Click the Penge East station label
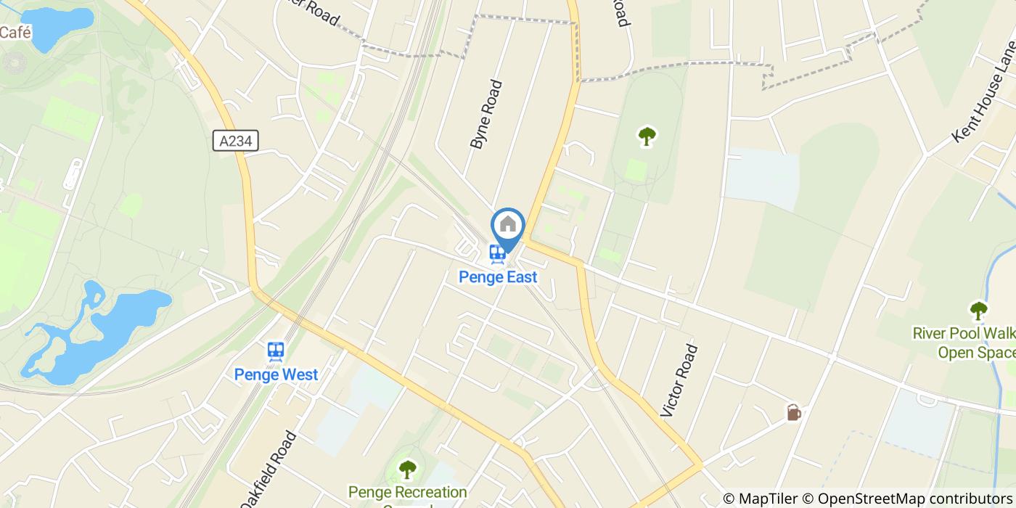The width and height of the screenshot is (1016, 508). pyautogui.click(x=498, y=276)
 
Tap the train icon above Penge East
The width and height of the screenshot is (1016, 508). pyautogui.click(x=497, y=254)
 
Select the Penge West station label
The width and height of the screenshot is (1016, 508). pyautogui.click(x=276, y=374)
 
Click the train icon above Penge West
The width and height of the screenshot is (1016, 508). pyautogui.click(x=276, y=352)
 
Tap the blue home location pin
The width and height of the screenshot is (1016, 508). pyautogui.click(x=508, y=226)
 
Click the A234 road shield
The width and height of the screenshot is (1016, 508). pyautogui.click(x=237, y=141)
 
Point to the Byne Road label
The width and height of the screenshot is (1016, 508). pyautogui.click(x=486, y=115)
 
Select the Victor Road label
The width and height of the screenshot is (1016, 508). pyautogui.click(x=679, y=380)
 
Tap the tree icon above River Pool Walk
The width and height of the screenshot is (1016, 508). pyautogui.click(x=979, y=311)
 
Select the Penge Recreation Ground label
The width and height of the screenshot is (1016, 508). pyautogui.click(x=407, y=493)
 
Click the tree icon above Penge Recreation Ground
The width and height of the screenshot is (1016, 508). pyautogui.click(x=408, y=470)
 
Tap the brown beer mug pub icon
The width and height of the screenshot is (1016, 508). pyautogui.click(x=793, y=413)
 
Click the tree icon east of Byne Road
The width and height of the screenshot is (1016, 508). pyautogui.click(x=647, y=136)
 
